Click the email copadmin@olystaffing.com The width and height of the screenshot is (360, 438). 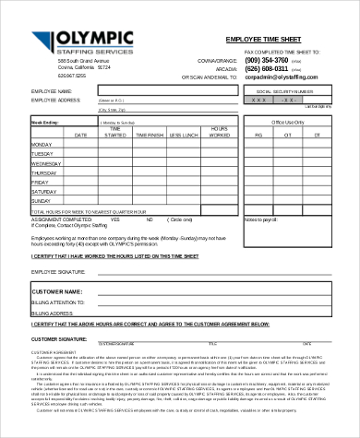coord(281,78)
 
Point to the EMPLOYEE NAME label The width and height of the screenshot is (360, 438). coord(51,92)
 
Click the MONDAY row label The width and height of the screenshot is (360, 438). coord(42,145)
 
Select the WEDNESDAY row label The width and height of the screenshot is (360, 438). coord(47,163)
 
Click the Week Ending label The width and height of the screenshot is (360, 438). coord(45,121)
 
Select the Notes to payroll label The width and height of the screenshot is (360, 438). coord(261,219)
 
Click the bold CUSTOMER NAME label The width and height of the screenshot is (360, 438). coord(59,290)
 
